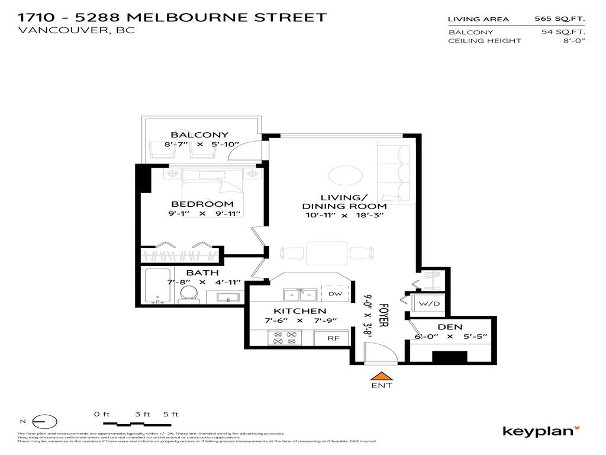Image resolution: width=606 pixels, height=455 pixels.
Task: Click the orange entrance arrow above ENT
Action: coord(382,376)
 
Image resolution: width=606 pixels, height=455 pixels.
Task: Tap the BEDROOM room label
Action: coord(202,204)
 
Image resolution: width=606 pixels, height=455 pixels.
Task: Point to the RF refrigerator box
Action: coord(333,338)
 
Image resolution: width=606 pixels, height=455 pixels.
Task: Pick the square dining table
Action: coord(322,252)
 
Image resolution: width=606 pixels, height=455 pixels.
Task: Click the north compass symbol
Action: coord(44,422)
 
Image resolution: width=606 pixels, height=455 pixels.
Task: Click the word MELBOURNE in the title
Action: coord(181,17)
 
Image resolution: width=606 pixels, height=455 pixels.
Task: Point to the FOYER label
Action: coord(383,316)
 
